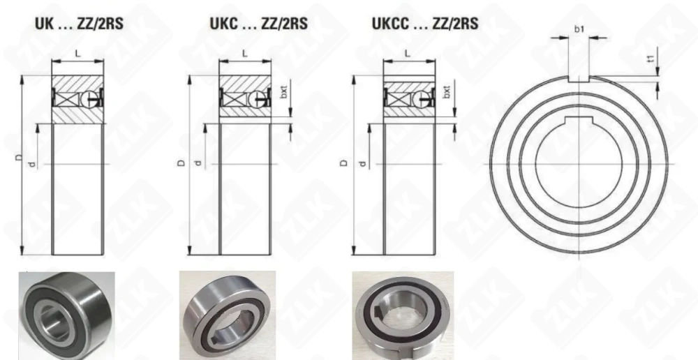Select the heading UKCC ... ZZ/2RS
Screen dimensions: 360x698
(426, 24)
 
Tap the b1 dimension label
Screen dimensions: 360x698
(579, 30)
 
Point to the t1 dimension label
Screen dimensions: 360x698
(650, 62)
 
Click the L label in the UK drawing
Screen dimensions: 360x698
(78, 53)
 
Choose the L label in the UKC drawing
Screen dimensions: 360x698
(244, 53)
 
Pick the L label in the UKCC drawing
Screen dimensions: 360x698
(407, 53)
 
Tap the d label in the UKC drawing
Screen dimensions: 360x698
(198, 163)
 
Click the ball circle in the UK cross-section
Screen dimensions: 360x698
(89, 99)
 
